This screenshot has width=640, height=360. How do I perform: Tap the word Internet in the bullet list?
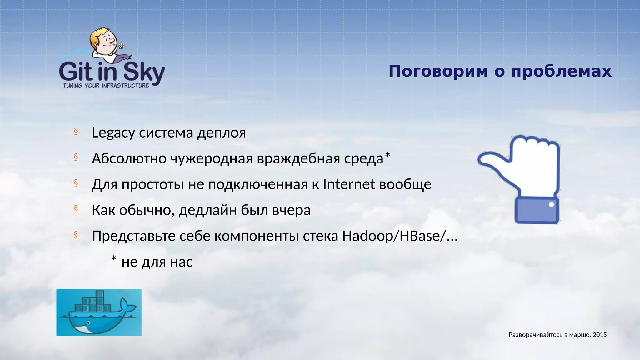[348, 184]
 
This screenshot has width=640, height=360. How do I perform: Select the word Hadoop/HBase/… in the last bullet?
[400, 236]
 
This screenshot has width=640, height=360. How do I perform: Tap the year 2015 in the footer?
[600, 335]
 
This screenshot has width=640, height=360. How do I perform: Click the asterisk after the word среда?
[387, 155]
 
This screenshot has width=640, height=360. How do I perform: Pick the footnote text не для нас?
[157, 262]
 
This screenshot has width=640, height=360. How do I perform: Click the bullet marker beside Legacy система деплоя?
[76, 132]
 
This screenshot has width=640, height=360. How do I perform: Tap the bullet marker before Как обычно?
[76, 209]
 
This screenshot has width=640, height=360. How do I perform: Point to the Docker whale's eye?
[89, 323]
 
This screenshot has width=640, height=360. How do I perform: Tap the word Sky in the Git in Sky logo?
[144, 72]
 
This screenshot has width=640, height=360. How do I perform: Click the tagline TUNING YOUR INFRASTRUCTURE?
[106, 86]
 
